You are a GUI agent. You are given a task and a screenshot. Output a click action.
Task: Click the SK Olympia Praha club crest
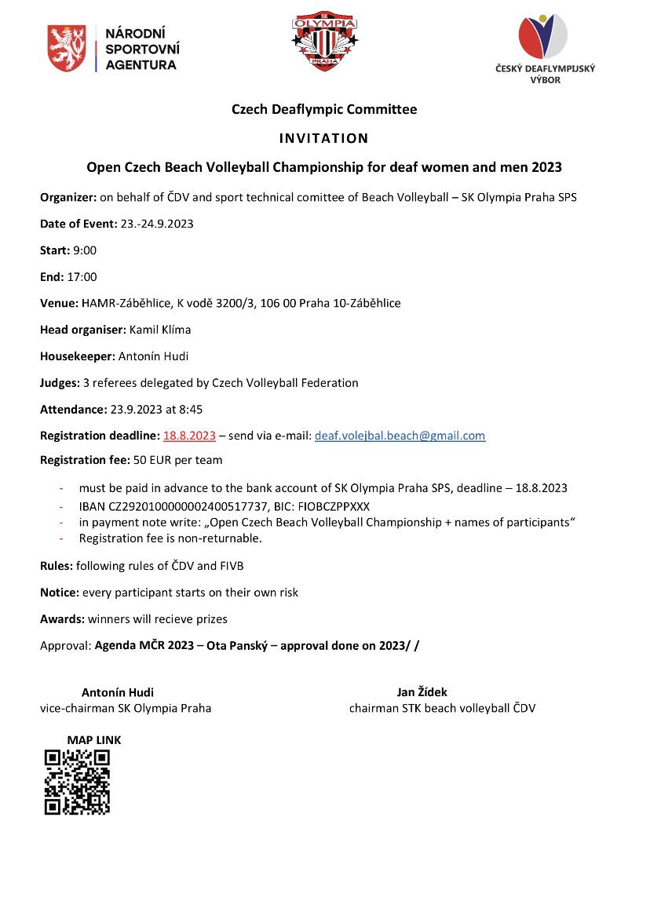325,42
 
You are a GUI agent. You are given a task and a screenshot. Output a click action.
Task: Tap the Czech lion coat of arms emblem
67,49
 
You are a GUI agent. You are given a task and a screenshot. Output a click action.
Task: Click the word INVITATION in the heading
323,138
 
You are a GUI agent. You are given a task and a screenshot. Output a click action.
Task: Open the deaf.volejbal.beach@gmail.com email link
400,436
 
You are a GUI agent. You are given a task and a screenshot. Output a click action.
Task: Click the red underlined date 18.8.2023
189,436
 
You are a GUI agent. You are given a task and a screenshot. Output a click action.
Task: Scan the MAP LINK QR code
77,782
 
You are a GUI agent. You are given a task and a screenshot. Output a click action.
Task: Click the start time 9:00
83,250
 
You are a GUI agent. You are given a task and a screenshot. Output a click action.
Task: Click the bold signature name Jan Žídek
422,692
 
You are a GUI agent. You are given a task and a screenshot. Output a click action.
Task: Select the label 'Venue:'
59,303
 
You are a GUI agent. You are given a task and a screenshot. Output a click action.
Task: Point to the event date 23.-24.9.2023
157,224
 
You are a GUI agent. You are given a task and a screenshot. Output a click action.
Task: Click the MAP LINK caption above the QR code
94,740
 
